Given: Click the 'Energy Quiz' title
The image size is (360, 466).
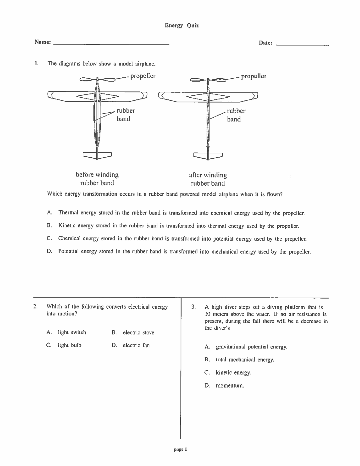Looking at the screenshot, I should click(182, 26).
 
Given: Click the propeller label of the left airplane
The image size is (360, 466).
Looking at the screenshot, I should click(143, 76).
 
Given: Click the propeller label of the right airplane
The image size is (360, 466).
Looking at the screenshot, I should click(253, 76).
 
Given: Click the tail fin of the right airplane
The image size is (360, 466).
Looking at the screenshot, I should click(208, 155).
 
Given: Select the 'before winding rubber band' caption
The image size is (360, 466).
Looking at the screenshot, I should click(97, 179).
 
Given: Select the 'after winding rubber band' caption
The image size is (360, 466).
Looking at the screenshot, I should click(208, 179).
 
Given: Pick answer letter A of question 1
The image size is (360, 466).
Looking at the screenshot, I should click(49, 213).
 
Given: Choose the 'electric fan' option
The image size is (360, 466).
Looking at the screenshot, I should click(136, 345).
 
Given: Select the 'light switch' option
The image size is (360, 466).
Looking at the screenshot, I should click(72, 332).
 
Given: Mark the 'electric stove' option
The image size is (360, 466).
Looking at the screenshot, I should click(138, 333).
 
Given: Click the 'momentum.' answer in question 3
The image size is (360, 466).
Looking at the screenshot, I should click(230, 386).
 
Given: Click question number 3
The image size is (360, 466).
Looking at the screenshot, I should click(193, 307).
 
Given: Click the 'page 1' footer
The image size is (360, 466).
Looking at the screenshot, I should click(180, 449).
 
